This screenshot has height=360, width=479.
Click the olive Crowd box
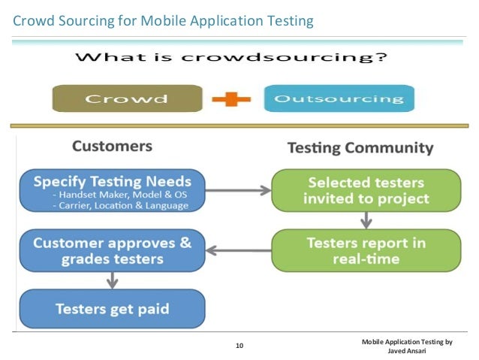coord(126,98)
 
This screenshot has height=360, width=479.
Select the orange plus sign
coord(232,98)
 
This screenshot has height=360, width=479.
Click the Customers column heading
coord(112,146)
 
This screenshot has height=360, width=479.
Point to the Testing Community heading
coord(360,147)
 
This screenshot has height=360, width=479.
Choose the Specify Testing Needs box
coord(112,190)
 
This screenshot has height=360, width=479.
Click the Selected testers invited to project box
coord(366,190)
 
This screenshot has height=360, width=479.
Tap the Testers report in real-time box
coord(366,250)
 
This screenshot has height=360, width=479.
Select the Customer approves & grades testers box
coord(112,250)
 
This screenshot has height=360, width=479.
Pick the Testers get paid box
coord(112,308)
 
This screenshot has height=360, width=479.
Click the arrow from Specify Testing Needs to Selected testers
coord(236,190)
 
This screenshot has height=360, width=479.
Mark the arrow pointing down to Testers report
coord(366,220)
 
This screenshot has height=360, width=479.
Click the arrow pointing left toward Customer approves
coord(236,250)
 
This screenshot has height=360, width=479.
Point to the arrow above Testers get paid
coord(112,280)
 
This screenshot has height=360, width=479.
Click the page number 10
coord(239,346)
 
